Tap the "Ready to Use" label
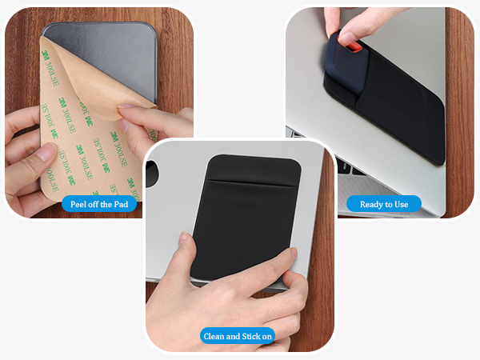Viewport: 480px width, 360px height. [x=384, y=204]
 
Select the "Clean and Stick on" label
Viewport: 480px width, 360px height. [x=238, y=336]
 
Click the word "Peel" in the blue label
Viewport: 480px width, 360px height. [x=78, y=204]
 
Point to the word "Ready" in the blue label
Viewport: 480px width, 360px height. [x=372, y=204]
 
